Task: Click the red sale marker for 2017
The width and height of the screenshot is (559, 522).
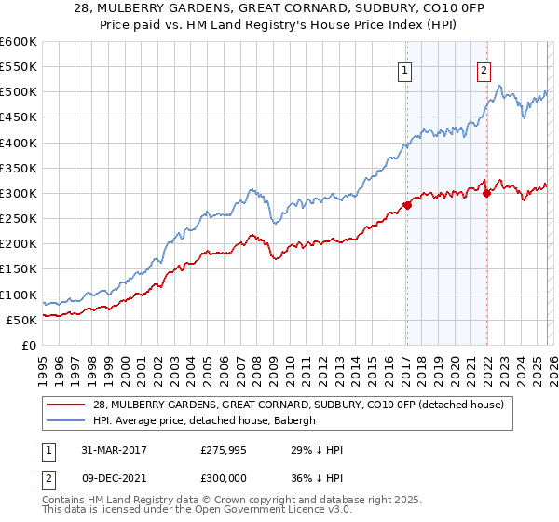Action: pos(407,205)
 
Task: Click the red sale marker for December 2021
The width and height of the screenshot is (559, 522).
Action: pos(486,193)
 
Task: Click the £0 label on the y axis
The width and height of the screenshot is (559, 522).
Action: pos(30,345)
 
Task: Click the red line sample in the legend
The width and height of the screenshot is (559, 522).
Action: pos(67,404)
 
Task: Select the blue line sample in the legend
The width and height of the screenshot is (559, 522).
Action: pos(67,419)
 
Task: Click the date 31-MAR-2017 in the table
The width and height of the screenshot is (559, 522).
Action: pos(111,450)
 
